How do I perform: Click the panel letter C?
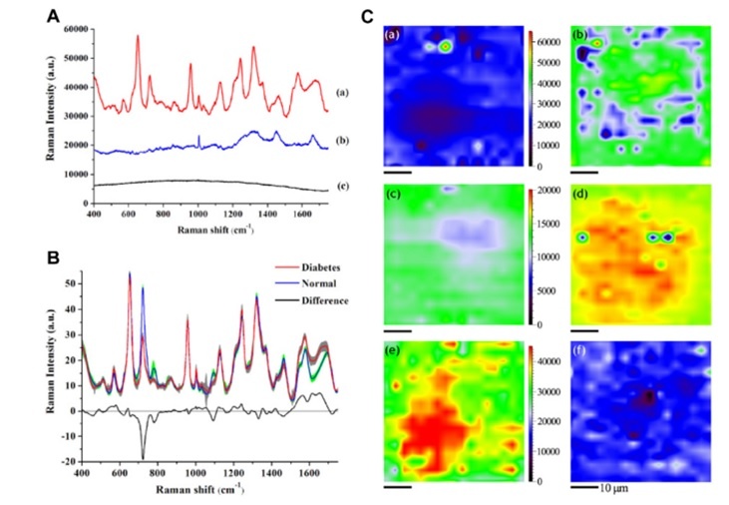368,16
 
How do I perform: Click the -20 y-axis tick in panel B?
73,462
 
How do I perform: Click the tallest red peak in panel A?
138,37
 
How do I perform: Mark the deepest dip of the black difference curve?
143,457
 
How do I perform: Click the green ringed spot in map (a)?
446,46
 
